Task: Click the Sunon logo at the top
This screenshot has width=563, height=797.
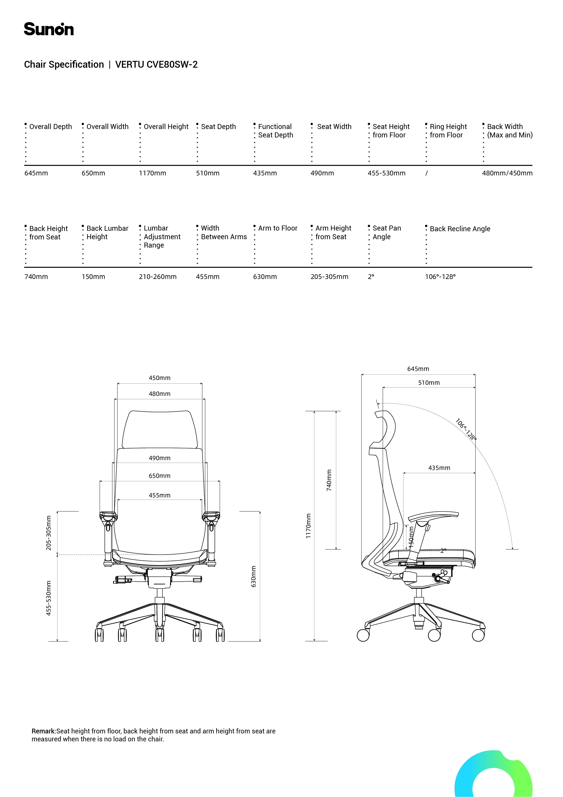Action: pos(49,29)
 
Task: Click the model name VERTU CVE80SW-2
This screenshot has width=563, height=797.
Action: pos(156,65)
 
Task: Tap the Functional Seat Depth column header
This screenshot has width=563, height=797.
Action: pos(275,131)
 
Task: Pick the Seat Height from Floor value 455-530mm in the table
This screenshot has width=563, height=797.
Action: pos(386,173)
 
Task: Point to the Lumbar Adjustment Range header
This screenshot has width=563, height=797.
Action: pos(162,237)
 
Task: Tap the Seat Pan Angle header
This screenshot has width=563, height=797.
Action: pos(386,233)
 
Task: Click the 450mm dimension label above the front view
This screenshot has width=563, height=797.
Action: pos(160,378)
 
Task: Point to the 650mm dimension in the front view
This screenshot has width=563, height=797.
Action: pos(160,476)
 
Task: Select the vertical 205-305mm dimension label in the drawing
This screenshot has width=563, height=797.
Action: pos(49,533)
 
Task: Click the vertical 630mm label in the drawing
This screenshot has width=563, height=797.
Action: pos(253,577)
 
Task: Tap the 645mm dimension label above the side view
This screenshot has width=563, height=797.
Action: pos(418,369)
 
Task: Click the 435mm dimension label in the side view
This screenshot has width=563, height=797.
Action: pos(439,468)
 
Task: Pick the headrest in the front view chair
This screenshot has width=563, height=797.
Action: pos(160,430)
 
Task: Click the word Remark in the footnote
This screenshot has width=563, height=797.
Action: pos(43,731)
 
